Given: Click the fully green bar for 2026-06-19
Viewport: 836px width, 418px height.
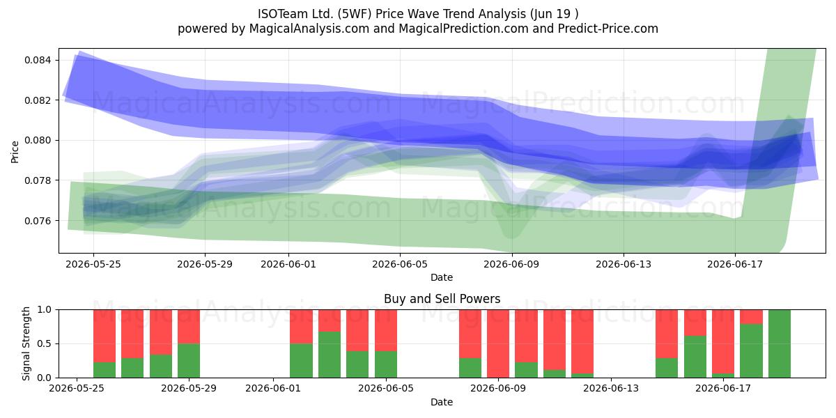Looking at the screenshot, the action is click(780, 343).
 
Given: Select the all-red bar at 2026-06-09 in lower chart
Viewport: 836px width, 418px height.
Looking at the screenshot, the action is click(498, 343).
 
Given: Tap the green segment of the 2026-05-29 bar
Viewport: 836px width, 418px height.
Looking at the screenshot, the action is click(189, 361).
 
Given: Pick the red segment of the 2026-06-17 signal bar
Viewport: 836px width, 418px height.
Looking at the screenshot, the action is click(723, 341).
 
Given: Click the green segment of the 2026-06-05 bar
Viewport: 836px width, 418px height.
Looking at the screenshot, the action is click(385, 364).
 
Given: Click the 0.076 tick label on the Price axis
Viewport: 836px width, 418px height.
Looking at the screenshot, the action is click(39, 221).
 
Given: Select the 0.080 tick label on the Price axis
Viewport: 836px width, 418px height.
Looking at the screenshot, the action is click(39, 140).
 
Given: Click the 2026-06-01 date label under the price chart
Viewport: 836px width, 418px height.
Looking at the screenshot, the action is click(288, 264).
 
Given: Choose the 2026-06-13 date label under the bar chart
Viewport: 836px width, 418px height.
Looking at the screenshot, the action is click(611, 389).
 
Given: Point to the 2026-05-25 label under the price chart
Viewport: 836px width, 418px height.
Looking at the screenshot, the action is click(93, 264).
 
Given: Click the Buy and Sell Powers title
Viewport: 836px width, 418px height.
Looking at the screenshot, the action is click(442, 299).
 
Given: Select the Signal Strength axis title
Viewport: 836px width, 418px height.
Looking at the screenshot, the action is click(26, 343).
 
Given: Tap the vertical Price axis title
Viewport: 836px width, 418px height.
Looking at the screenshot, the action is click(15, 152).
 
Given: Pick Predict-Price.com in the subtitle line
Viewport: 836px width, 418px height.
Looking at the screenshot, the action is click(608, 29).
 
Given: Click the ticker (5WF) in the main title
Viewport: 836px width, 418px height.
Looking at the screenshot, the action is click(354, 14).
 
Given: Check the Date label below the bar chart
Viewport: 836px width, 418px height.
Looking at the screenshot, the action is click(442, 402).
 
